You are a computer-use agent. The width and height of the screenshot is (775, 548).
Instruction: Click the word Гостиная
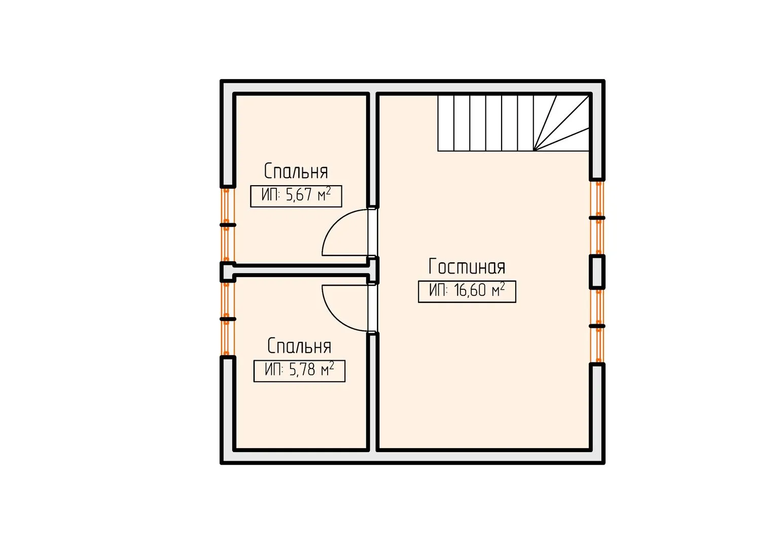(467, 266)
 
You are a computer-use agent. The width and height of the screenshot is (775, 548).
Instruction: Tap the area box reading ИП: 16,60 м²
(467, 291)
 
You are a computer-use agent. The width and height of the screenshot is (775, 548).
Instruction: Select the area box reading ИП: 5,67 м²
(296, 196)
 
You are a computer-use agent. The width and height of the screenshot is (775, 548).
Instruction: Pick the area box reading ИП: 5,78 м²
(299, 371)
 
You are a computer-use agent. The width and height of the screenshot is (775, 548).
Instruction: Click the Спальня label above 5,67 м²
(296, 171)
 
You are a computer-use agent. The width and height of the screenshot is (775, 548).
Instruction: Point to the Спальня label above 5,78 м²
(299, 346)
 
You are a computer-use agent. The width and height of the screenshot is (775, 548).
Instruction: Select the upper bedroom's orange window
(226, 225)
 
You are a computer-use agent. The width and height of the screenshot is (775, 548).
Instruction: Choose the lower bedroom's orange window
(226, 319)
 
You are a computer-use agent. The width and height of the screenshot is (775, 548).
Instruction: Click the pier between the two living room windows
(597, 272)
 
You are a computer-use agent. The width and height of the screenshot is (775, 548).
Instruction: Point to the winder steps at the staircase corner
(561, 123)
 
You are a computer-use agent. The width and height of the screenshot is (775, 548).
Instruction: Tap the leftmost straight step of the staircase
(446, 123)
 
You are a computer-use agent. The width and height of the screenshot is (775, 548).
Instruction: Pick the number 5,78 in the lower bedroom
(302, 370)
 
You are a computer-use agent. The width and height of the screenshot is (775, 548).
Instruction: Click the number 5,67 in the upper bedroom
(299, 195)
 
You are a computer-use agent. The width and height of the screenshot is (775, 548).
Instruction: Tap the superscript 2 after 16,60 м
(502, 286)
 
